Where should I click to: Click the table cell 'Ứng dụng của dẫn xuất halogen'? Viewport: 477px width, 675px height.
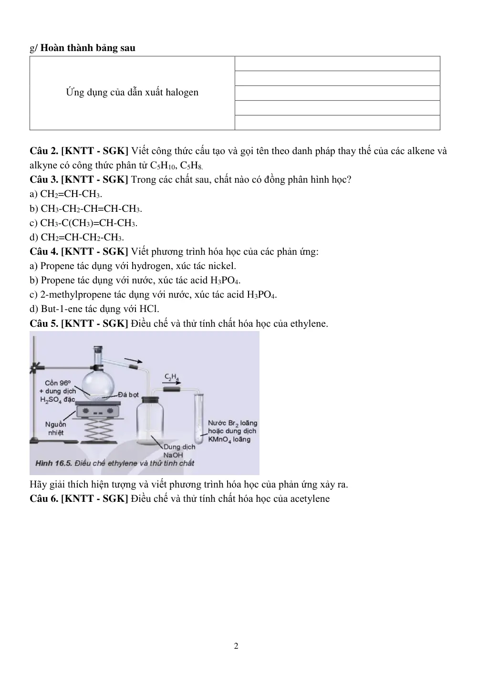(x=132, y=93)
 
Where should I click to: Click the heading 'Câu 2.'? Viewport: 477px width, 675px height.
(x=44, y=151)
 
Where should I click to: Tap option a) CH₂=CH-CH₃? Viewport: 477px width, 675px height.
(x=66, y=194)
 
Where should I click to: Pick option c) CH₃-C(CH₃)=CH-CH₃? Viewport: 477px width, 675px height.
(x=83, y=223)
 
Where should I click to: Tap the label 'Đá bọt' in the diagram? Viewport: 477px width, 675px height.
(x=128, y=395)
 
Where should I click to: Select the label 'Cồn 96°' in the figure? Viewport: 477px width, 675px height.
(x=58, y=383)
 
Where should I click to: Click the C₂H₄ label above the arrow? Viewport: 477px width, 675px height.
(x=171, y=377)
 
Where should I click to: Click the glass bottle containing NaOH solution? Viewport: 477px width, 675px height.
(x=150, y=421)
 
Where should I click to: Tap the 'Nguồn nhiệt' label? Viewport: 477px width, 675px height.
(x=56, y=428)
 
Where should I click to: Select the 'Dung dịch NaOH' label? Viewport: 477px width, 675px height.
(x=179, y=451)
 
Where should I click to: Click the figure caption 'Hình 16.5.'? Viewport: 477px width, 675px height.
(x=53, y=464)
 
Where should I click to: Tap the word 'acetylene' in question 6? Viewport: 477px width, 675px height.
(x=310, y=498)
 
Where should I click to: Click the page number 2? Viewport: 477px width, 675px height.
(x=236, y=646)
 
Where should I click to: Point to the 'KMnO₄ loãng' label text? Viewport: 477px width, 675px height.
(x=229, y=439)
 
